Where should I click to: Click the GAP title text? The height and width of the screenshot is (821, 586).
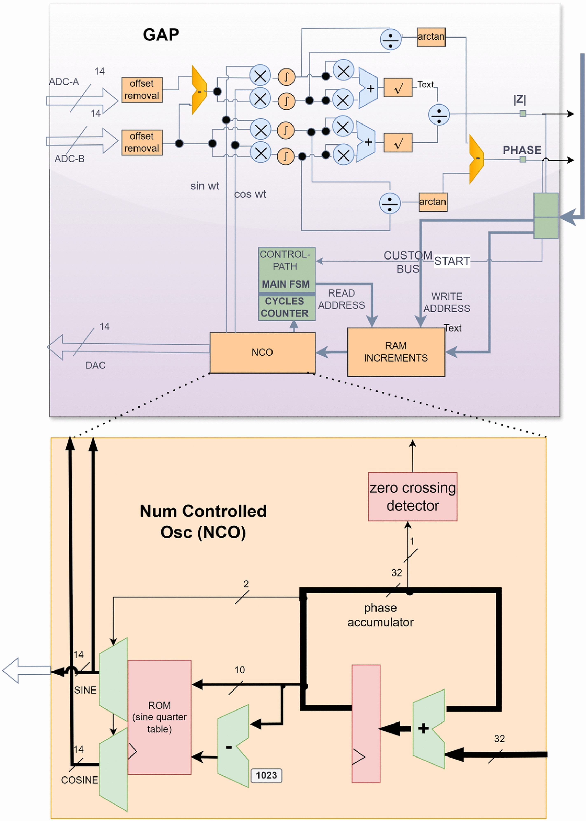pyautogui.click(x=161, y=35)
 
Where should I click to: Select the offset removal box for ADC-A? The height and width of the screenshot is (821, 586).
pyautogui.click(x=142, y=89)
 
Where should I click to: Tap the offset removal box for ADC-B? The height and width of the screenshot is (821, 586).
pyautogui.click(x=142, y=142)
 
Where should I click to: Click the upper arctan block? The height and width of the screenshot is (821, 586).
pyautogui.click(x=431, y=37)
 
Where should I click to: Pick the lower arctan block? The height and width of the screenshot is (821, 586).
pyautogui.click(x=433, y=202)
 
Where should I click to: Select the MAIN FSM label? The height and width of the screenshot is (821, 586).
pyautogui.click(x=285, y=284)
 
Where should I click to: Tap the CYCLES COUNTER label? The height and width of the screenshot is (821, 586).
pyautogui.click(x=285, y=307)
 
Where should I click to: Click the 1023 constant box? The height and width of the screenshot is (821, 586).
pyautogui.click(x=266, y=775)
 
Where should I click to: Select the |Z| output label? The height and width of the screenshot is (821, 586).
pyautogui.click(x=520, y=99)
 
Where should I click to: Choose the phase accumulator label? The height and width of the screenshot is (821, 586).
pyautogui.click(x=380, y=615)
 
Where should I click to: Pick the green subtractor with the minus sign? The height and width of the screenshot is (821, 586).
pyautogui.click(x=233, y=746)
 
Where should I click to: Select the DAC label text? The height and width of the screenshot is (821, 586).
pyautogui.click(x=95, y=365)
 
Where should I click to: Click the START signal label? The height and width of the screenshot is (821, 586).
pyautogui.click(x=452, y=261)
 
